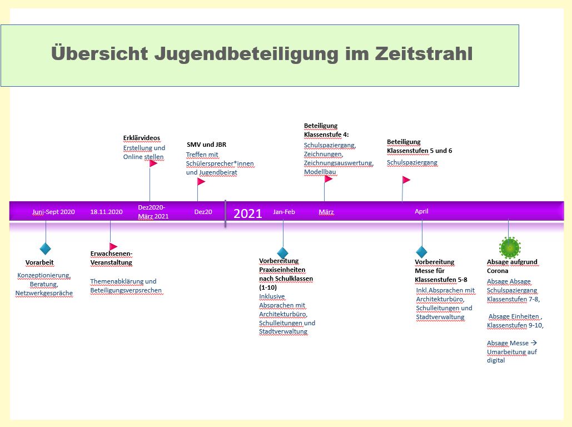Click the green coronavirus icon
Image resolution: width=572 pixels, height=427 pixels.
510,247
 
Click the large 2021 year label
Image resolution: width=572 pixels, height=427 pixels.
248,213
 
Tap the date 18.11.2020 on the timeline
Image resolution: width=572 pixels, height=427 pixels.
106,212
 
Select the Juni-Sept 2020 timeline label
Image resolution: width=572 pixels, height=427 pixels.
53,212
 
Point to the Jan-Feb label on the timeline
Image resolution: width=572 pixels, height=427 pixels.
284,212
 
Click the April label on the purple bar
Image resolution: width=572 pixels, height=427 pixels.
421,211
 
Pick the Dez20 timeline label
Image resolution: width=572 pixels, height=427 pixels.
203,212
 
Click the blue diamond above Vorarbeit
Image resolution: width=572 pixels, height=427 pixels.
45,249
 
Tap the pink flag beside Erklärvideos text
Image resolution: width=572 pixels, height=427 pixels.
153,163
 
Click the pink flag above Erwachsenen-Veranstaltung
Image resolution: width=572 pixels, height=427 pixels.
113,247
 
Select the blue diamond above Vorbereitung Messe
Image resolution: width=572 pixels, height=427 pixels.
422,252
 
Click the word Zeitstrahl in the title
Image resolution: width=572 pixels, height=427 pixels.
424,53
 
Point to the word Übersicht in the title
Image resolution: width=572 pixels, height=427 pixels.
100,53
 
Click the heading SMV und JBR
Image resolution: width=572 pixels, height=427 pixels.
206,145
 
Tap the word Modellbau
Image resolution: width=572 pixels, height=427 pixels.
320,172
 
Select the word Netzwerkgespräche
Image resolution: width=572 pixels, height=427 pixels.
44,293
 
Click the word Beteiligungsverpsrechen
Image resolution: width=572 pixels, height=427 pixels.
126,291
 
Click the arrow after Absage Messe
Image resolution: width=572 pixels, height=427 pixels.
534,343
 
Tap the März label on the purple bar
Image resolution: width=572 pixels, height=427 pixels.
326,212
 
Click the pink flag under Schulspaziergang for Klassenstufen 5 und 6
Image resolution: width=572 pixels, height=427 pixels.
406,180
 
